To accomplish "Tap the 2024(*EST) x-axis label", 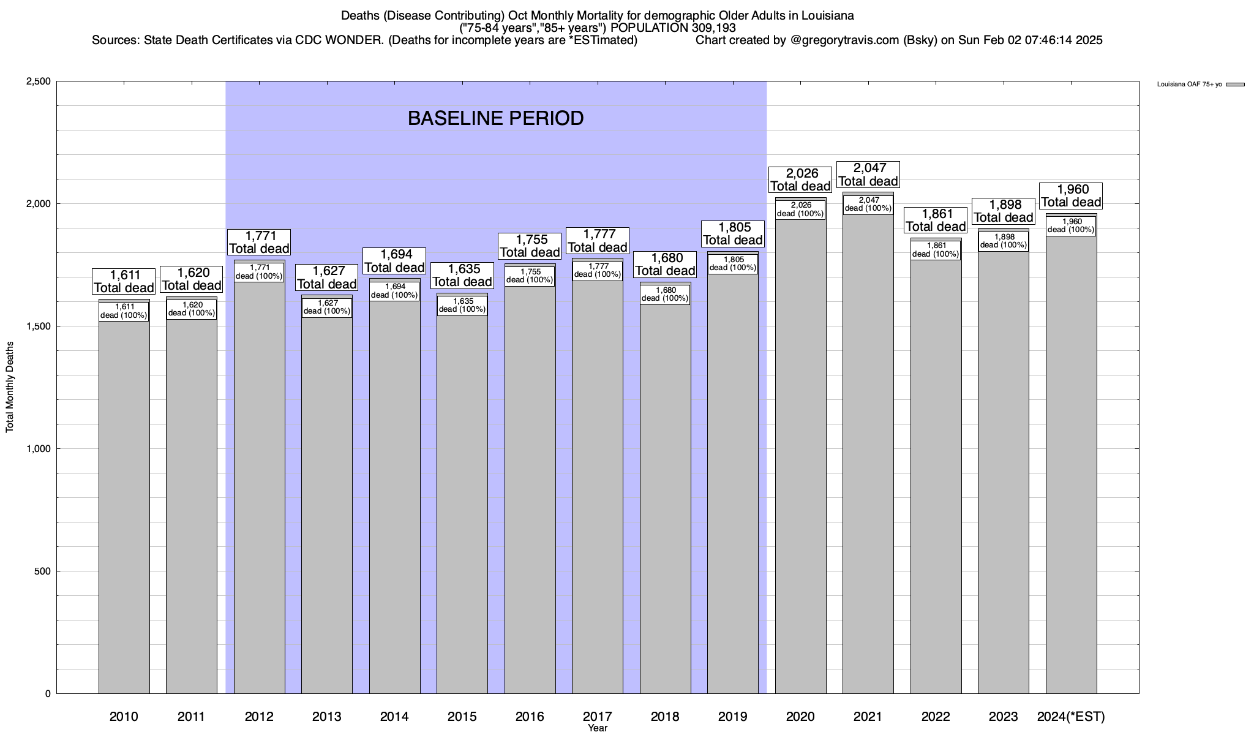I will pyautogui.click(x=1071, y=717).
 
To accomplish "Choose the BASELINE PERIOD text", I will pyautogui.click(x=495, y=118).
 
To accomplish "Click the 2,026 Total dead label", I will pyautogui.click(x=800, y=180).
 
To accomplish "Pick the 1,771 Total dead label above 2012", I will pyautogui.click(x=259, y=243).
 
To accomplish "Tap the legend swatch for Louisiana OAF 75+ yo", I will pyautogui.click(x=1236, y=85).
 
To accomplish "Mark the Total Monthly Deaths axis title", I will pyautogui.click(x=10, y=387).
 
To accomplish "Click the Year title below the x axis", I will pyautogui.click(x=597, y=728).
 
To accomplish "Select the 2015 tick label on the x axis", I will pyautogui.click(x=462, y=717).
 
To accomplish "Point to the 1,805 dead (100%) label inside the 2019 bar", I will pyautogui.click(x=733, y=264).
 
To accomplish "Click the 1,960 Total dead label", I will pyautogui.click(x=1071, y=196).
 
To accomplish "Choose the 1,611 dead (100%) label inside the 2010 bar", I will pyautogui.click(x=124, y=311).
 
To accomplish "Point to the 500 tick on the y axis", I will pyautogui.click(x=43, y=571).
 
